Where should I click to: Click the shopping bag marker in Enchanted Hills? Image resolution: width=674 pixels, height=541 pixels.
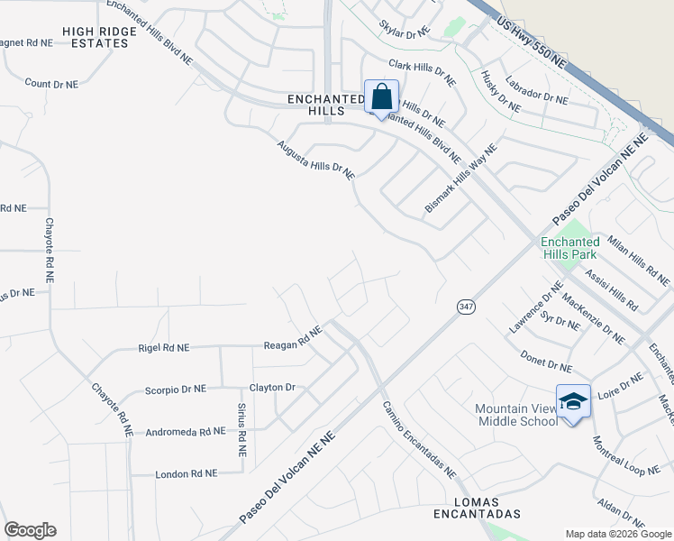pos(381,96)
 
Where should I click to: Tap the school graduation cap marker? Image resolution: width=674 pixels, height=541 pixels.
pos(573,401)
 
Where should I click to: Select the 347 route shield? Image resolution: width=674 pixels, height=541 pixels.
pos(465,307)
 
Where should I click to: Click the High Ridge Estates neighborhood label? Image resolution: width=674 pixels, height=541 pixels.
pos(100,37)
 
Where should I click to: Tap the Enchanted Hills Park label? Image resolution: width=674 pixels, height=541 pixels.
pos(570,248)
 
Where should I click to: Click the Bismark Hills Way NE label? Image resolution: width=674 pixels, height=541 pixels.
pos(460,180)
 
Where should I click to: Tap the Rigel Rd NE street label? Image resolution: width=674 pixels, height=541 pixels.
pos(164,347)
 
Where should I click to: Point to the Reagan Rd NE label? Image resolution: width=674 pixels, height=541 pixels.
pos(292,339)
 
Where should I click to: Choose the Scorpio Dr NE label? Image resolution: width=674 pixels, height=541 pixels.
pos(176,390)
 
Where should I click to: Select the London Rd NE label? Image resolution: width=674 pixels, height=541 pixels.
pos(187,473)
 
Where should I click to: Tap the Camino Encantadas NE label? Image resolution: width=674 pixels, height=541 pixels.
pos(418,439)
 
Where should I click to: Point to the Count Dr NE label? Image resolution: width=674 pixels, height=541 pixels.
pos(51,84)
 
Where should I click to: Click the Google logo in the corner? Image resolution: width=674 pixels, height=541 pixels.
pos(30,530)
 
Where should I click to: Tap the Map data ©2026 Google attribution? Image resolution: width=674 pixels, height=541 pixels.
pos(617,534)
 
